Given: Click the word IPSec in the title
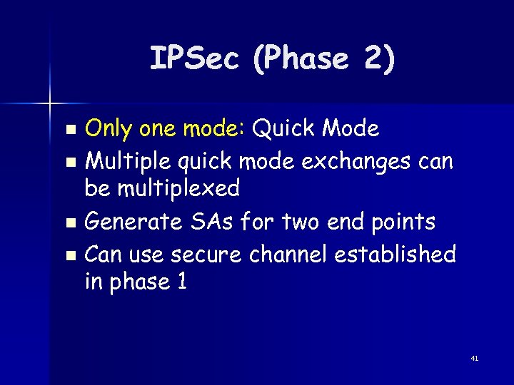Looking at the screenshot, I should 193,58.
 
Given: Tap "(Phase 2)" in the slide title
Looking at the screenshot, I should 323,58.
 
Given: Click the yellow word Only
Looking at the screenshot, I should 108,129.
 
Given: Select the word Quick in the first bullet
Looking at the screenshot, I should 284,129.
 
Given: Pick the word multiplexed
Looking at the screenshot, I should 161,189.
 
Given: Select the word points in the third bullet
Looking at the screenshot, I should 402,222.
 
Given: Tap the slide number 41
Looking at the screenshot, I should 474,359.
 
